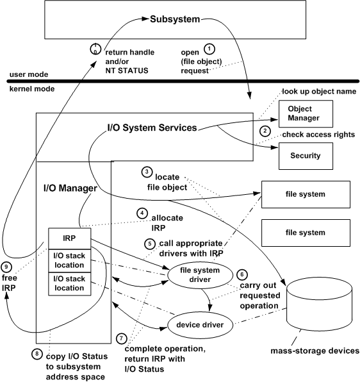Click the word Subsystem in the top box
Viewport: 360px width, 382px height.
[176, 19]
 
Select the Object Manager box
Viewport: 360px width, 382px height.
[305, 113]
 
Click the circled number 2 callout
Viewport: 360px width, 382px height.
[263, 131]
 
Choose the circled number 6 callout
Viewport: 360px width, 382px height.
[241, 273]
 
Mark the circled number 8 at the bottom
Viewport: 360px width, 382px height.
[39, 352]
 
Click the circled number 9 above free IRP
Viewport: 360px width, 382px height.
[8, 268]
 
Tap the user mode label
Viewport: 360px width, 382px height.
[24, 75]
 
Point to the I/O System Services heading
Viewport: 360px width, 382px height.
[151, 128]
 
